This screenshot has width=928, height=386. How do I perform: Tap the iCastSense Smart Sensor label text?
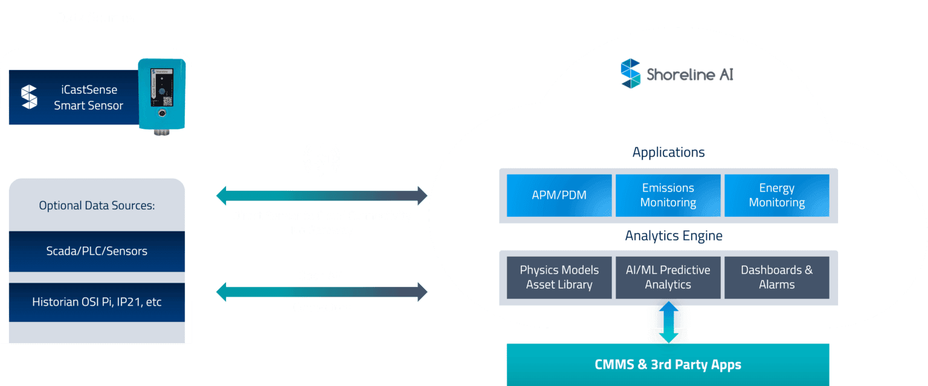[x=88, y=98]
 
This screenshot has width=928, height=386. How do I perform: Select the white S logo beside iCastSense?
[x=29, y=97]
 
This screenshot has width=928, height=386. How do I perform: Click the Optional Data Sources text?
[x=97, y=205]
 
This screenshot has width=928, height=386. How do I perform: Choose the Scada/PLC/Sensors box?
[x=97, y=251]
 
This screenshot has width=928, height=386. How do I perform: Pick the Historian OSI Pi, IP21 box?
[x=97, y=302]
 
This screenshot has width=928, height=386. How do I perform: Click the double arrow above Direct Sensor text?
[x=321, y=196]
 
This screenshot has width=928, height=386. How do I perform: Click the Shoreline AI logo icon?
[x=630, y=74]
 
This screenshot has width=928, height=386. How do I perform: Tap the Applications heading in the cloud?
[x=668, y=152]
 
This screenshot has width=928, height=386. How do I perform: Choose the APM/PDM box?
[x=559, y=196]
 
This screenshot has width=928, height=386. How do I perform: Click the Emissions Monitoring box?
[x=668, y=196]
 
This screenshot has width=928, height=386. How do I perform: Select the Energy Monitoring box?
[x=776, y=196]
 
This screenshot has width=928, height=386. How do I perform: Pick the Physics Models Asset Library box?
[x=559, y=277]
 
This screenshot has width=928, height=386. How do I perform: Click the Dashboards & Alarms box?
[x=776, y=277]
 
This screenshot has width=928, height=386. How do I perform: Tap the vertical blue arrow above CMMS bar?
[x=668, y=323]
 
